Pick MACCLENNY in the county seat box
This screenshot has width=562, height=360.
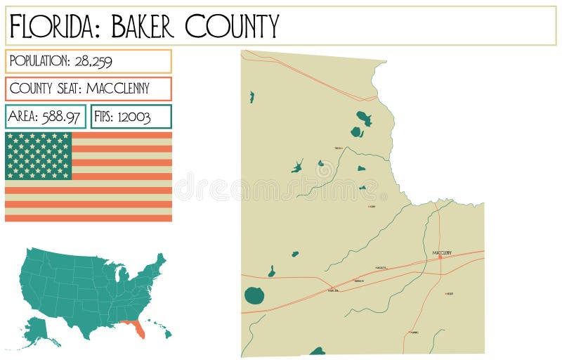click(x=128, y=89)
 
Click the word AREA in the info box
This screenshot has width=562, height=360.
click(x=24, y=116)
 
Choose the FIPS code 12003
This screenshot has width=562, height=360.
click(x=133, y=116)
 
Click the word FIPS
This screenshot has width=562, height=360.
click(x=103, y=116)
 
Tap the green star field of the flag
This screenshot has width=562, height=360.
click(x=39, y=155)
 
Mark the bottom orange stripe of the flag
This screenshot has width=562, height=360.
click(x=89, y=217)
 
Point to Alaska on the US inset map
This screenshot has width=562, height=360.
click(x=39, y=330)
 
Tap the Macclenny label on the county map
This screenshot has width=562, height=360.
click(x=442, y=252)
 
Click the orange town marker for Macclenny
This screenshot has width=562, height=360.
click(x=440, y=257)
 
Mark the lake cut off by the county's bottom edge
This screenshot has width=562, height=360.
click(x=318, y=351)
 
